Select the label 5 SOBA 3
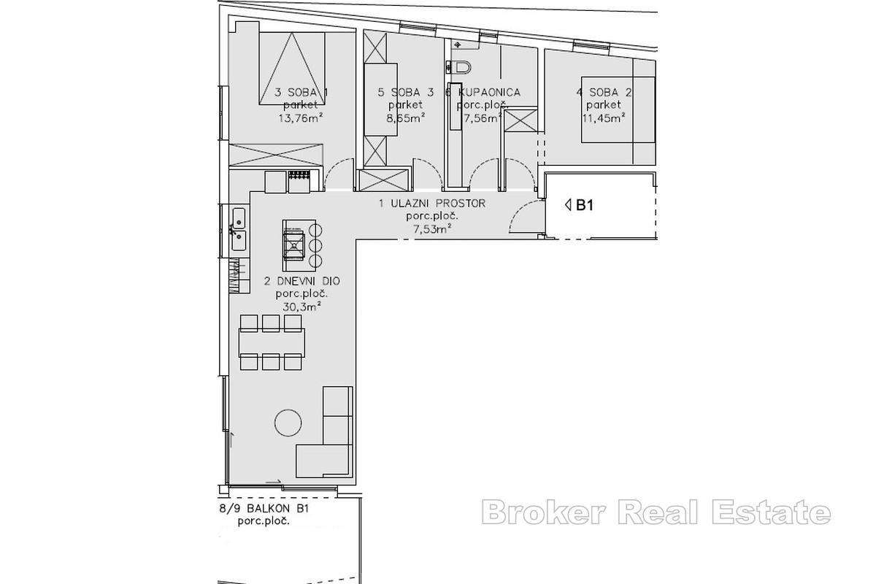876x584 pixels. pos(406,93)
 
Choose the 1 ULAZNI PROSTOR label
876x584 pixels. pos(431,204)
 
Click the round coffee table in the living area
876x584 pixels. pos(288,421)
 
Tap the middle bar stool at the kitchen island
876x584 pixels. pos(316,245)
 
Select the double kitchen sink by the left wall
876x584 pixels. pos(239,226)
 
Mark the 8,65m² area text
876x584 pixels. pos(406,116)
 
